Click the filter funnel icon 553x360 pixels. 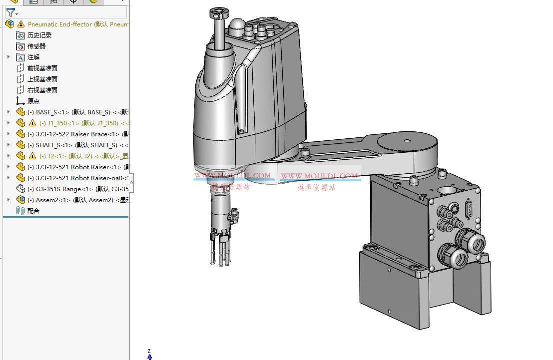click(10, 12)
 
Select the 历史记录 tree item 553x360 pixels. click(39, 35)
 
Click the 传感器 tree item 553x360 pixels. click(36, 46)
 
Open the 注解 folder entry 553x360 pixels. click(33, 57)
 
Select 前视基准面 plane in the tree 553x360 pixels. click(42, 68)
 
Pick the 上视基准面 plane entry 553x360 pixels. click(42, 79)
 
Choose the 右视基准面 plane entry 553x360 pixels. click(42, 90)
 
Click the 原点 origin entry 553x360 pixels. click(33, 101)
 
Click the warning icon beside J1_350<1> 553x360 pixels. click(32, 123)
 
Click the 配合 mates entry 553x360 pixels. click(33, 211)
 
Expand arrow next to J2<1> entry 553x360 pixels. click(8, 156)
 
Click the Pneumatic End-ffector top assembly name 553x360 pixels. click(75, 24)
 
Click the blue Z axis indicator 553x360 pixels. click(149, 356)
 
